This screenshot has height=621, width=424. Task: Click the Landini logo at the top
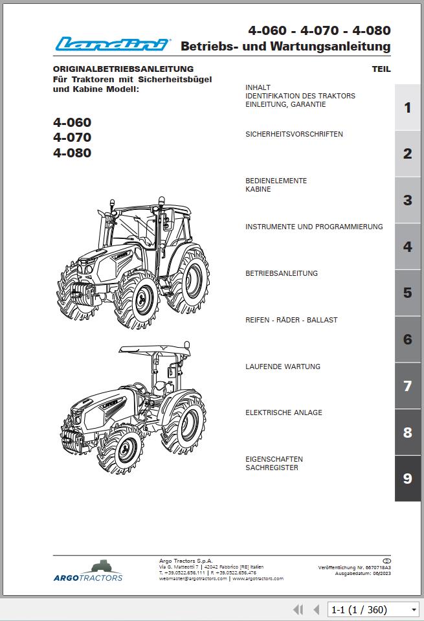click(113, 44)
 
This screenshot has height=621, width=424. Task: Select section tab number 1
click(407, 107)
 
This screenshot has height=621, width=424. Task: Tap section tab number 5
click(407, 293)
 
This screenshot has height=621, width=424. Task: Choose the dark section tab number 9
click(407, 479)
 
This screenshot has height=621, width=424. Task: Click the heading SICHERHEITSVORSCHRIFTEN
click(294, 134)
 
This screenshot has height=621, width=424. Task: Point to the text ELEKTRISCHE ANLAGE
click(284, 412)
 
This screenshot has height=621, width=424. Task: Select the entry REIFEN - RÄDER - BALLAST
click(291, 320)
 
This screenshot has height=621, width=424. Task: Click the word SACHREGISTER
click(272, 468)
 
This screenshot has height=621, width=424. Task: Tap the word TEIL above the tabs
click(381, 69)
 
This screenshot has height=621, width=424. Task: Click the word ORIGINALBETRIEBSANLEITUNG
click(123, 69)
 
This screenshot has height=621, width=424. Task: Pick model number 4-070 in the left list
click(72, 137)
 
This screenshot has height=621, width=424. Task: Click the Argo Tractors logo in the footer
click(88, 570)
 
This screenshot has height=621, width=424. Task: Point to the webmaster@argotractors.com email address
click(193, 578)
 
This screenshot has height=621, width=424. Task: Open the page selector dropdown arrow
click(414, 609)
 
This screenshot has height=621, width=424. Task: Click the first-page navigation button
click(298, 609)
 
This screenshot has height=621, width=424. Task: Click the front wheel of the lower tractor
click(126, 448)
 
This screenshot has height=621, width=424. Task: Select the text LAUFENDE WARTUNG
click(283, 367)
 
